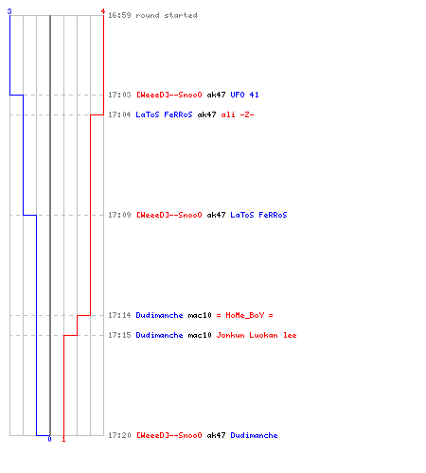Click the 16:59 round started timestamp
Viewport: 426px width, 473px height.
point(119,15)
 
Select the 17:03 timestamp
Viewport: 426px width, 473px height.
point(119,95)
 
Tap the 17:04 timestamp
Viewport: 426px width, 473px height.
point(119,114)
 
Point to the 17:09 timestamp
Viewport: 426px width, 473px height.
point(119,215)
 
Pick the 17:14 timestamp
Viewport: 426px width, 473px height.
point(119,315)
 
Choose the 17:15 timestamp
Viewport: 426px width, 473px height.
point(119,335)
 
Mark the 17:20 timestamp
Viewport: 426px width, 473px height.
point(119,435)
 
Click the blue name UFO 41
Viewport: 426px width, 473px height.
point(244,95)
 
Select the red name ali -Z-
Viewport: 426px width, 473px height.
point(238,114)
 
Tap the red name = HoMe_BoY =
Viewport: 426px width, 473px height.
point(244,315)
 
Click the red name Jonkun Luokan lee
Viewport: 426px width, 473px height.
point(257,335)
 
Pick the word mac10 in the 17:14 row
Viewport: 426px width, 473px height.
point(200,315)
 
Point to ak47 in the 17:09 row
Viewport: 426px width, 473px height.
point(216,215)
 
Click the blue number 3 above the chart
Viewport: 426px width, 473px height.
point(9,11)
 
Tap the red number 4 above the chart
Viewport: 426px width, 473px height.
point(103,11)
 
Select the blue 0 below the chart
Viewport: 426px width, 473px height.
point(49,439)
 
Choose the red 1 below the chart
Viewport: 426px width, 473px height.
point(63,439)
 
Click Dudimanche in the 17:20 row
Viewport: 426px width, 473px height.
point(254,435)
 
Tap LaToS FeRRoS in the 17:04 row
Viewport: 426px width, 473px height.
point(164,114)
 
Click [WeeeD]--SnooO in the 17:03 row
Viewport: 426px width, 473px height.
point(169,95)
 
